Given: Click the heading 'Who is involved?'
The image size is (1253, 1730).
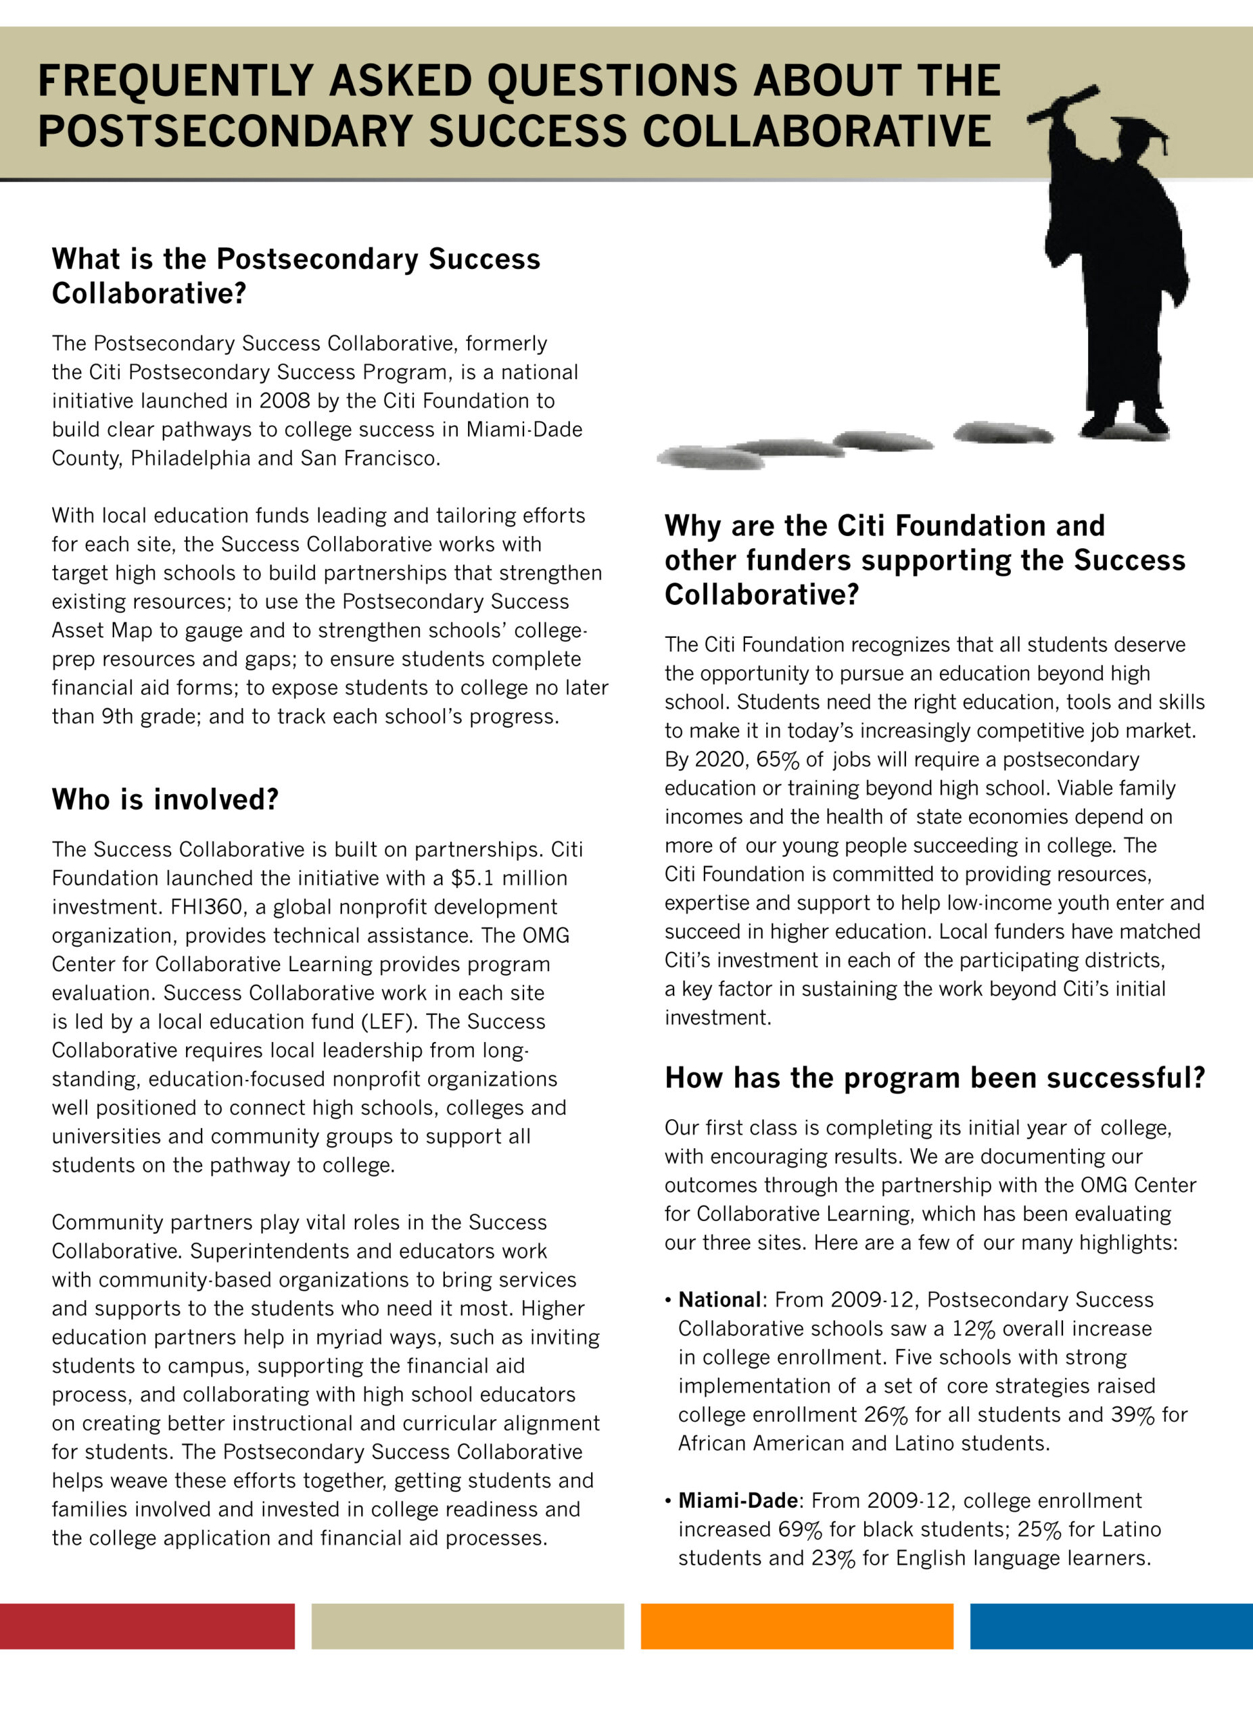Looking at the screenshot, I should point(165,799).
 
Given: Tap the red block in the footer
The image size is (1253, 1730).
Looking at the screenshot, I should point(147,1626).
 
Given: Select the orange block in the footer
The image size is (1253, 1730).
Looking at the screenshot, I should point(797,1626).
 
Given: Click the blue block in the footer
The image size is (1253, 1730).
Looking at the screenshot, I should point(1111,1626).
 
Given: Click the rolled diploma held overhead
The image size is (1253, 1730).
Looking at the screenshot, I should point(1063,105).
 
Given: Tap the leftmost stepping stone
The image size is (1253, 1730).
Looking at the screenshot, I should point(710,458).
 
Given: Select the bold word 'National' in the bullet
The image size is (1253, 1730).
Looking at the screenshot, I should point(719,1300).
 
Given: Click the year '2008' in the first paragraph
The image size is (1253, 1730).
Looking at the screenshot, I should point(285,401).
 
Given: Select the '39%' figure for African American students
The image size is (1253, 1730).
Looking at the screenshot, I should point(1133,1414).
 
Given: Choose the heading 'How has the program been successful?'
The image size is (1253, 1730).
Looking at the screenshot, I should point(934,1078).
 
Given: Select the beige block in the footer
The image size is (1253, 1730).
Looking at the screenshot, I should point(467,1626).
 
